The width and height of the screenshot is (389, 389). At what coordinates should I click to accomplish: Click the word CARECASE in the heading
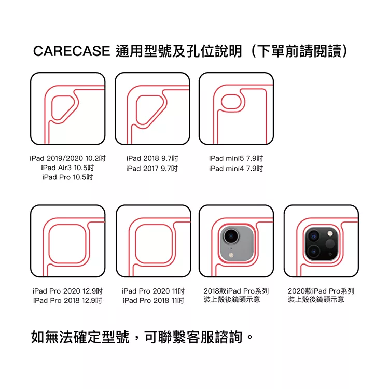click(71, 51)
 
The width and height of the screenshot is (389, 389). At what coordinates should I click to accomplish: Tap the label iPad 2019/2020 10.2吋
click(67, 158)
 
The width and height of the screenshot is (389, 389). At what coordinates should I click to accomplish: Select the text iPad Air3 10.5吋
click(67, 168)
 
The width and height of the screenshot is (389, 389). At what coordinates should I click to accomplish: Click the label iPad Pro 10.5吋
click(67, 178)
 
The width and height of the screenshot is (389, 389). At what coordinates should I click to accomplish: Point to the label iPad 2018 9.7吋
click(152, 158)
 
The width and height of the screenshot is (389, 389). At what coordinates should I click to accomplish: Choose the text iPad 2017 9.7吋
click(152, 169)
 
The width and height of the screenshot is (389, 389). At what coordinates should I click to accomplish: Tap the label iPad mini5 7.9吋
click(236, 158)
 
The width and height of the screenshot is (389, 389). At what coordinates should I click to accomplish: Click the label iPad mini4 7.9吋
click(236, 169)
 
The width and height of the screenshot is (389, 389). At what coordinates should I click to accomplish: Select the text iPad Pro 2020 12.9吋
click(67, 291)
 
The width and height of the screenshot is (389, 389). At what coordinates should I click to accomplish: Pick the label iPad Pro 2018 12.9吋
click(67, 301)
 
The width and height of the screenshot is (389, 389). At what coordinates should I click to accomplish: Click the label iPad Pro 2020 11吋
click(153, 291)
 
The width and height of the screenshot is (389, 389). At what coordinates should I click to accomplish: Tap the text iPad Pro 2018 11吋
click(153, 301)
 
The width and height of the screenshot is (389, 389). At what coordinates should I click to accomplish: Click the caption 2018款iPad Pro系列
click(235, 291)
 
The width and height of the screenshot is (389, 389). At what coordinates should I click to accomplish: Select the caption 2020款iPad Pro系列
click(321, 291)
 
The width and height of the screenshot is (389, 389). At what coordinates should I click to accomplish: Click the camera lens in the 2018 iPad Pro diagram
click(230, 237)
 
